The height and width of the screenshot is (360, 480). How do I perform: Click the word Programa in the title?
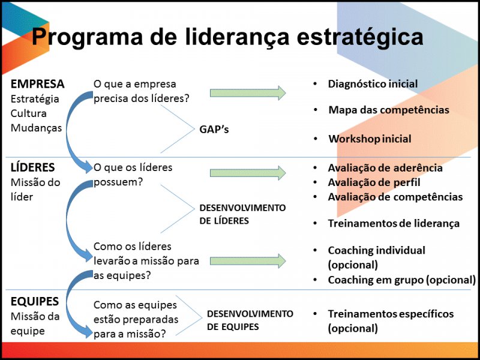(87, 37)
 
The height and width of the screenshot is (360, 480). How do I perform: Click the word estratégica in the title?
(360, 37)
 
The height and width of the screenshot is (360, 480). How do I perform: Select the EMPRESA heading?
(37, 84)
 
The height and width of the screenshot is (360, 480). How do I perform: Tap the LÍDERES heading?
(33, 167)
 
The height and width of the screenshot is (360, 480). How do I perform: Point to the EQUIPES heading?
(35, 302)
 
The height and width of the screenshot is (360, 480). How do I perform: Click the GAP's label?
(214, 130)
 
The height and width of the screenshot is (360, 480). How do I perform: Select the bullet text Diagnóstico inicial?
(373, 84)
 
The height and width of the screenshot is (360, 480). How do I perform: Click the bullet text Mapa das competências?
(389, 110)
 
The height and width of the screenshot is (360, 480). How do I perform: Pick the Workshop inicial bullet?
(370, 139)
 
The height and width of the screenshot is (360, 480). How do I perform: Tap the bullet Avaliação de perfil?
(374, 182)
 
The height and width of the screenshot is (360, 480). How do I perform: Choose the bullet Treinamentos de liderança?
(394, 223)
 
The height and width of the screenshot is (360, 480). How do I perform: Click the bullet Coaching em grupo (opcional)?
(401, 280)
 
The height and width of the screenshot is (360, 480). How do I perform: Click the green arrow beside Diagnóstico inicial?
(248, 93)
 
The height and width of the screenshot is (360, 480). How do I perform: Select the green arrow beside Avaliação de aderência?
(248, 173)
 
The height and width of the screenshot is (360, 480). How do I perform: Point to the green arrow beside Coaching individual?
(248, 261)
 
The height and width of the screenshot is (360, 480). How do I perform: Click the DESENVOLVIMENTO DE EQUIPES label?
(250, 320)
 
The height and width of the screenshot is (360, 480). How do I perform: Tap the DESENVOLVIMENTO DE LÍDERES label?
(242, 214)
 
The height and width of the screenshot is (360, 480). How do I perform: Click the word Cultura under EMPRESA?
(28, 113)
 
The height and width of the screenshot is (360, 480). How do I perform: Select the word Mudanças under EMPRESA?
(36, 128)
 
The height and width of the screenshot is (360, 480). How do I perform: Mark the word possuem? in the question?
(118, 182)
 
